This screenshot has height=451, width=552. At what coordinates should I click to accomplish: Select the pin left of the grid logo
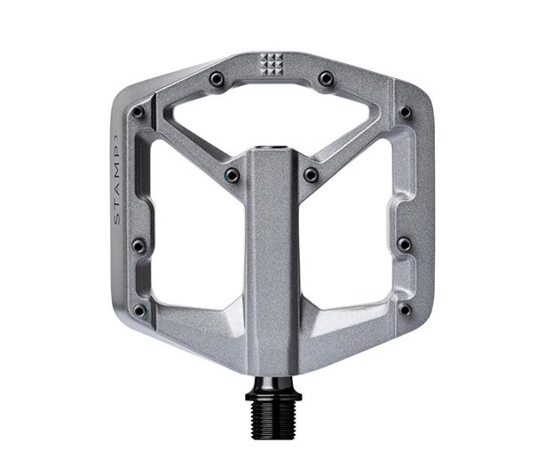click(x=217, y=79)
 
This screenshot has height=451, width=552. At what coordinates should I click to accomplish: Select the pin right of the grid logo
click(x=326, y=79)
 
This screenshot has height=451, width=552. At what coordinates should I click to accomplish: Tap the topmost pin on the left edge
click(x=138, y=113)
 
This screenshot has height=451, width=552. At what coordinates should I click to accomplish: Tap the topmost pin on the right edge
click(x=406, y=113)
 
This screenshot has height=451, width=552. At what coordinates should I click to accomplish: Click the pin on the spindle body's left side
click(x=232, y=175)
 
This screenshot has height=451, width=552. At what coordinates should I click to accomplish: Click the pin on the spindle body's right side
click(x=311, y=175)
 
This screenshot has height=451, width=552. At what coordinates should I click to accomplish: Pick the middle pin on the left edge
click(x=138, y=244)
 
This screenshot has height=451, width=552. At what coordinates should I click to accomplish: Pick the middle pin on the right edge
click(x=405, y=244)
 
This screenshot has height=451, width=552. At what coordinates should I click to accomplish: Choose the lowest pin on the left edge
click(x=139, y=310)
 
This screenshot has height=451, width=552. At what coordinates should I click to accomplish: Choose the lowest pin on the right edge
click(x=405, y=310)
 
